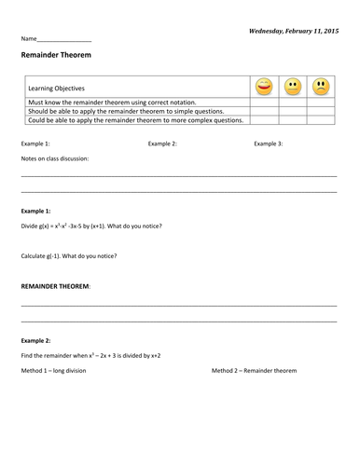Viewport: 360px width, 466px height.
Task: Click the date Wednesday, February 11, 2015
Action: (294, 31)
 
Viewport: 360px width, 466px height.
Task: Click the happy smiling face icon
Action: (264, 88)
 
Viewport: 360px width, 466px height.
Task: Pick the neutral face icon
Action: (293, 88)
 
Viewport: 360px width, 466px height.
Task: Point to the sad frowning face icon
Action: (322, 88)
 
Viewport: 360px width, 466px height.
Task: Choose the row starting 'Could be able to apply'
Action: (136, 119)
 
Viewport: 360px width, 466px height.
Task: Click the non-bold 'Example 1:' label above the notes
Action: (35, 144)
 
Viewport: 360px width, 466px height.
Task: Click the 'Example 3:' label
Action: (269, 144)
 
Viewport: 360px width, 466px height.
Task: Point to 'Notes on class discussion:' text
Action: (55, 159)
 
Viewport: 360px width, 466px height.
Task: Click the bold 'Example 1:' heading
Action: (35, 212)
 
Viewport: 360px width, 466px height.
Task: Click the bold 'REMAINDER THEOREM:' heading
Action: (56, 285)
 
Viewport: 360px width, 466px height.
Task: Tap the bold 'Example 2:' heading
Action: (35, 341)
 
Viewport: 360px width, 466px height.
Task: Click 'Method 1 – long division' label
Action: (60, 371)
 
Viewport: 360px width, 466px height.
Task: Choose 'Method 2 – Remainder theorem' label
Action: (254, 371)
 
